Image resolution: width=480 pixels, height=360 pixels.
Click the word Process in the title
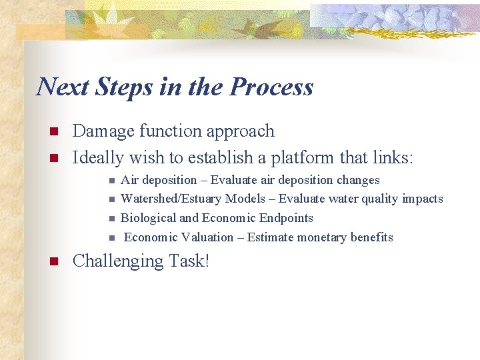[271, 87]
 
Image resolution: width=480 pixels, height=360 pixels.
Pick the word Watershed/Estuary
[171, 199]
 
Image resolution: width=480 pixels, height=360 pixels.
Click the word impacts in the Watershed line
[422, 199]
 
